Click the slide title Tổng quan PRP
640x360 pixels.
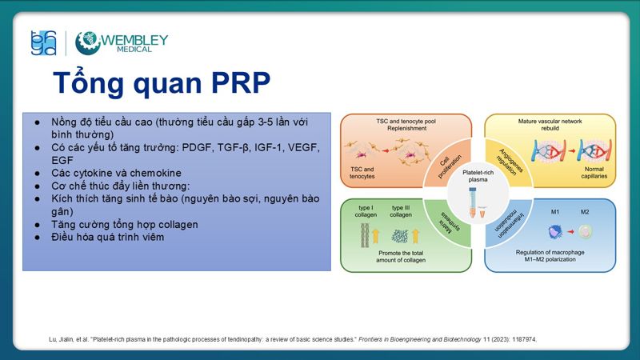(161, 82)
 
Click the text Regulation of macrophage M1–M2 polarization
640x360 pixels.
(549, 258)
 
